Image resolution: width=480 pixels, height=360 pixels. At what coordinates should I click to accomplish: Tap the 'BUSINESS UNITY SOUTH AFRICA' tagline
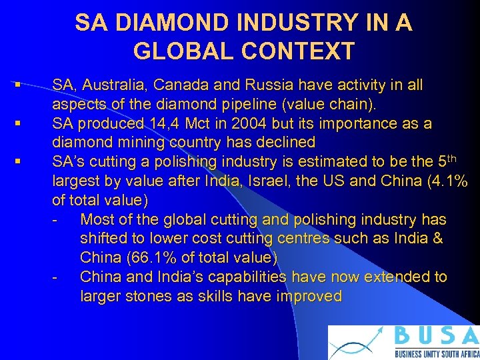(436, 354)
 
